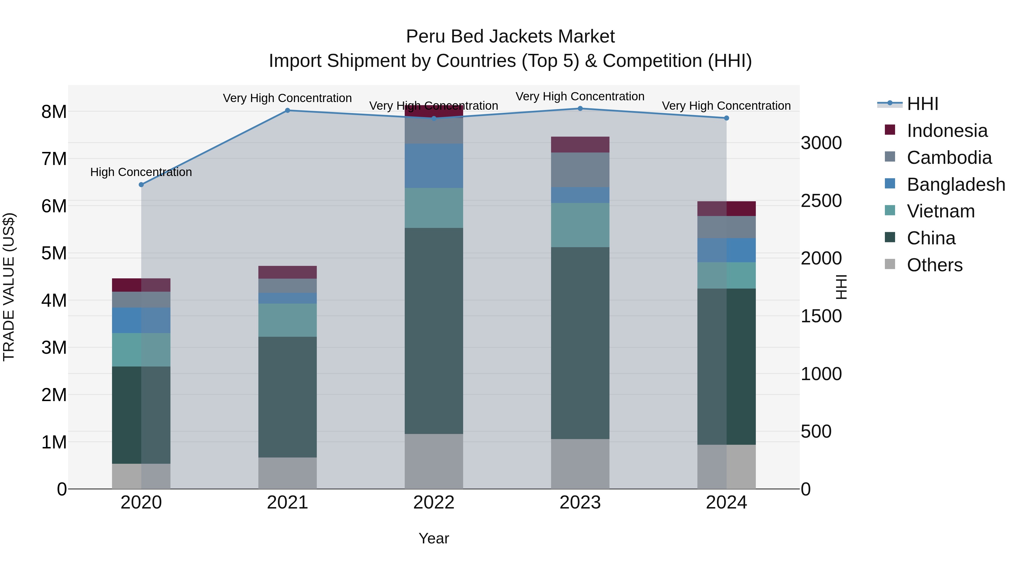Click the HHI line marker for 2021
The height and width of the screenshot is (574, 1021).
tap(288, 111)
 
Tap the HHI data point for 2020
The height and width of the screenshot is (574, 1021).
tap(141, 185)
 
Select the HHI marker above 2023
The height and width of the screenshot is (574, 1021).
tap(580, 109)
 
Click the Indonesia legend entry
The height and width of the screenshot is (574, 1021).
tap(947, 131)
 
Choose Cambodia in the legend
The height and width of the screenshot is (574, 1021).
tap(949, 158)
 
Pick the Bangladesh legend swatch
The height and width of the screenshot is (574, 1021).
tap(890, 184)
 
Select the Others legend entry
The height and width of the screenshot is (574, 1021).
tap(934, 265)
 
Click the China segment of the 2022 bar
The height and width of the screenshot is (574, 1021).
tap(434, 331)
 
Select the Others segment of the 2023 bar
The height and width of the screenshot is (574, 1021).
tap(580, 463)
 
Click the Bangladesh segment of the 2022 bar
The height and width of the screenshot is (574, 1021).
tap(434, 166)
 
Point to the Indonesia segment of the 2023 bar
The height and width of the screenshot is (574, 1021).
tap(580, 145)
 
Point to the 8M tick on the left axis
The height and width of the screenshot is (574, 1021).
tap(54, 112)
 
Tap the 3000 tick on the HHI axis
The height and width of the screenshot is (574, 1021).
tap(821, 143)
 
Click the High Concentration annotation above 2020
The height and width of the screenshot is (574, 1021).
tap(141, 172)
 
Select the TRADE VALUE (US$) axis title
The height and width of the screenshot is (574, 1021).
tap(9, 287)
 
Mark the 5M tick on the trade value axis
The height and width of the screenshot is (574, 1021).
tap(54, 253)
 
